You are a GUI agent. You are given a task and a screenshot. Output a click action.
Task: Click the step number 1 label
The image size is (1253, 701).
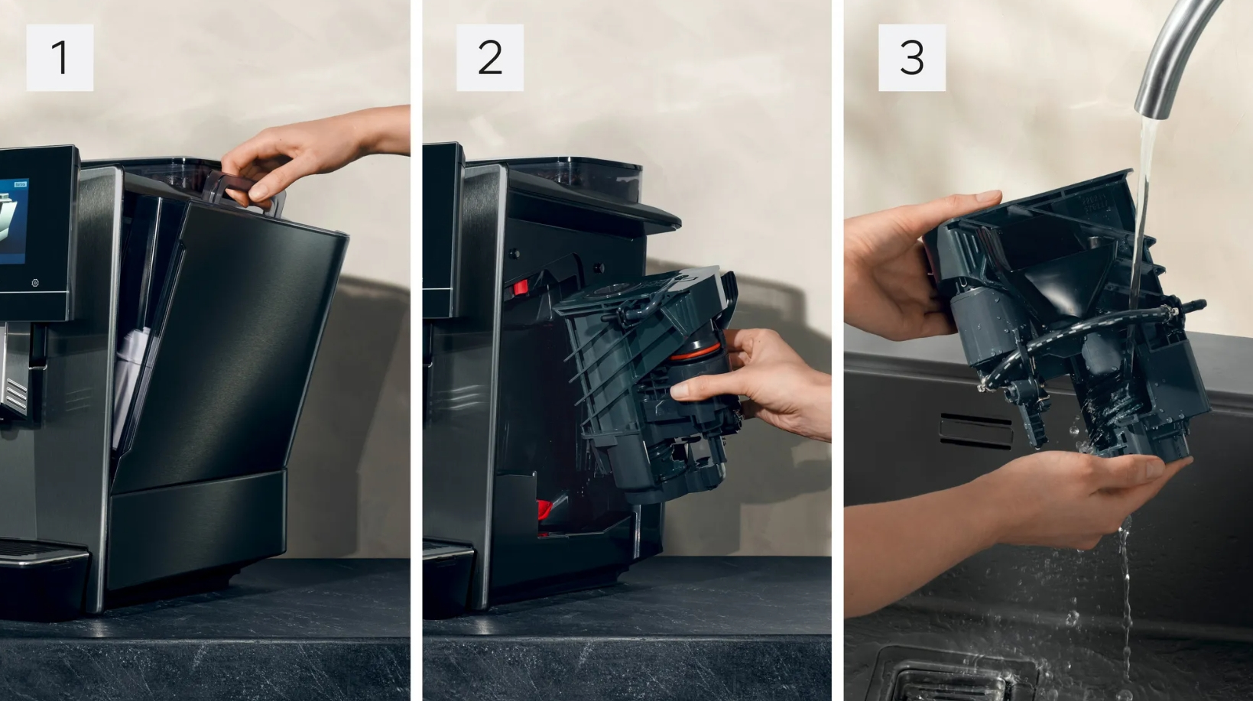[x=60, y=57]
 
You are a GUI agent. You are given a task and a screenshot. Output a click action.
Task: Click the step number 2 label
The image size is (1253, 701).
[x=490, y=57]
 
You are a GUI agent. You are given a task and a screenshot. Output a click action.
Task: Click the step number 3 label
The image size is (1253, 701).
[x=912, y=57]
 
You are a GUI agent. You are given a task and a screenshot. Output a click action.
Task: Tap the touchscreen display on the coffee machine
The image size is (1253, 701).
[x=14, y=221]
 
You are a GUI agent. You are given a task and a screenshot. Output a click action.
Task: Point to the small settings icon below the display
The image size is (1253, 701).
[x=35, y=283]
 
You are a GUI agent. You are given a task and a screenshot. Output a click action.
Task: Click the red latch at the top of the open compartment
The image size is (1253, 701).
[x=520, y=288]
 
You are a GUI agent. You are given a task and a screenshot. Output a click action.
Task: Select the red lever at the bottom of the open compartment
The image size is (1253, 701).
[x=545, y=509]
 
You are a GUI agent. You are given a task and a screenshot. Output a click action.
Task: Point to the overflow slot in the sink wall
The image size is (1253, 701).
[x=976, y=431]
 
